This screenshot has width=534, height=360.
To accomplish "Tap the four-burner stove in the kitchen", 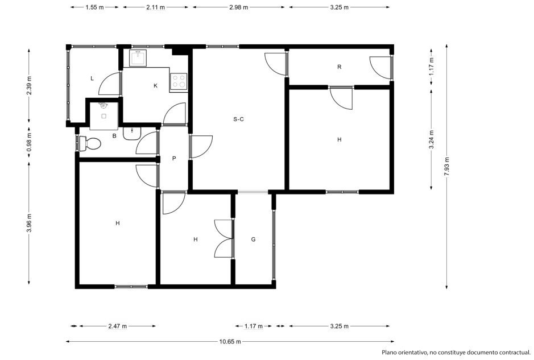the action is point(179,82).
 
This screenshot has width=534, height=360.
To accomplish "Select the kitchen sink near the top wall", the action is point(138,58).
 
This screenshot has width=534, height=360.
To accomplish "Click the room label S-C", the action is point(238,119).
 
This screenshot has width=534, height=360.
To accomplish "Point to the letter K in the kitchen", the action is point(155,85).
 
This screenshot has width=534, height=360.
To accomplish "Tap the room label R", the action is point(339,67).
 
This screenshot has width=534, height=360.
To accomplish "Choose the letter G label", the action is point(254,239).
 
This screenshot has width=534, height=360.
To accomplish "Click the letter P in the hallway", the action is point(174,158).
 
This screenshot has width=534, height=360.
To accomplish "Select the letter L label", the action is point(92,78).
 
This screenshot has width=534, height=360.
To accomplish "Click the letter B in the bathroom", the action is point(114,136).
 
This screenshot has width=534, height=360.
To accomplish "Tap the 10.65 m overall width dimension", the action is point(230,341).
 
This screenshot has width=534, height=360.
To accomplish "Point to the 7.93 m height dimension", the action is point(447,166).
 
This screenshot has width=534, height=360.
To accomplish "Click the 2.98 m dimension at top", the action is point(238,7).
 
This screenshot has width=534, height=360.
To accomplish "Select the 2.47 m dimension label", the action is point(118,326).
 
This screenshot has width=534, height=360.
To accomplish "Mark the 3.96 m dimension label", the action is point(29,223).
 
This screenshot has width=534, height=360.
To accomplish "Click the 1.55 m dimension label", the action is point(94,7).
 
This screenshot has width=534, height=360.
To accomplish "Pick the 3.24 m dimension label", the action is point(432,140).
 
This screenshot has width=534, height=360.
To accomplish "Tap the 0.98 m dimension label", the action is point(29,142).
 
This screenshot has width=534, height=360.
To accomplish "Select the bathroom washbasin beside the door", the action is point(132,133).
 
